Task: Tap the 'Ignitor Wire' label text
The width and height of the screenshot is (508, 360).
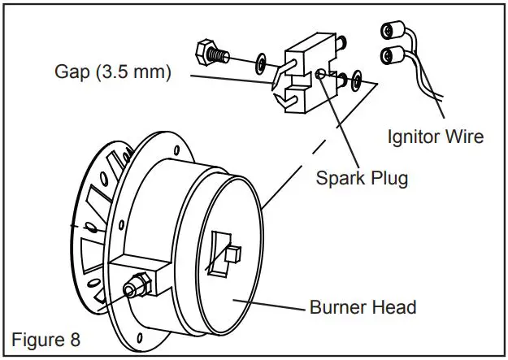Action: [435, 136]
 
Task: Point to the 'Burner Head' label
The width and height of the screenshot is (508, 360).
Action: [363, 307]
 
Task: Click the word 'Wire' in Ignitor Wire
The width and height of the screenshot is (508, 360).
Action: [464, 136]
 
